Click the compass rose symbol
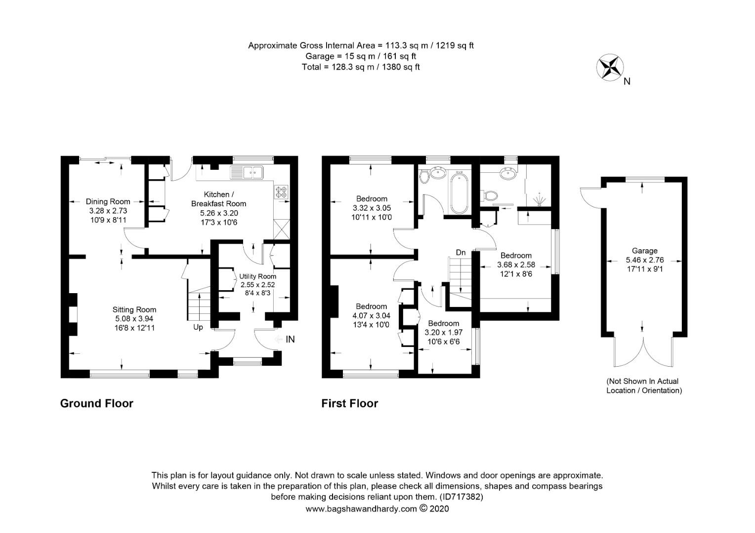click(x=610, y=68)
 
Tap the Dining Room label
click(x=108, y=201)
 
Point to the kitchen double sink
click(x=249, y=173)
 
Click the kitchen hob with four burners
click(x=282, y=191)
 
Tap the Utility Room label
click(x=257, y=276)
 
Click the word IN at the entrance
click(x=290, y=339)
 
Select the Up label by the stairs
click(x=198, y=327)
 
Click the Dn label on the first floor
click(x=461, y=253)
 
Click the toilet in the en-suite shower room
click(x=491, y=196)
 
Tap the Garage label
click(x=644, y=251)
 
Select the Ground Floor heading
click(x=97, y=404)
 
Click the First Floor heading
click(x=350, y=404)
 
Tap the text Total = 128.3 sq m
click(x=361, y=67)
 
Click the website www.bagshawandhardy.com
click(x=361, y=509)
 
